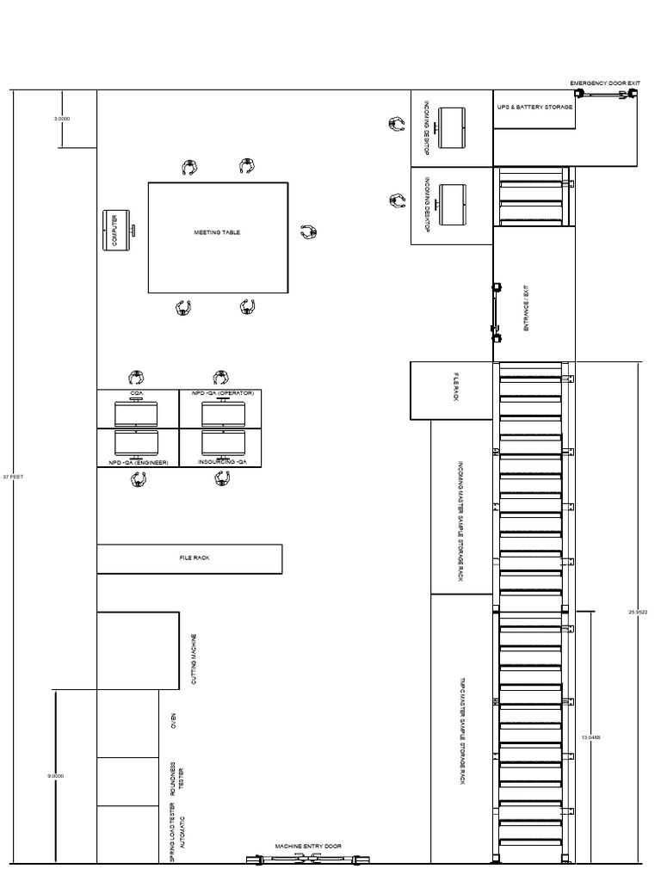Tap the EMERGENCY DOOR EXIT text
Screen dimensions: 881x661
tap(605, 83)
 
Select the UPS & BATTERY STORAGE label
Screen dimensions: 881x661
tap(534, 108)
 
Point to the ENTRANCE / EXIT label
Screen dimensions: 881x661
tap(528, 311)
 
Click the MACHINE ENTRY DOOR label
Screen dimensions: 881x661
tap(308, 847)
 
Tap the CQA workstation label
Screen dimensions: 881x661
tap(136, 392)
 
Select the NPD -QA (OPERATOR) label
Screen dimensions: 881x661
tap(223, 392)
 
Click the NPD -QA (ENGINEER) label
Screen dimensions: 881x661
tap(138, 462)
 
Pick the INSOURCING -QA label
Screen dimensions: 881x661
tap(223, 462)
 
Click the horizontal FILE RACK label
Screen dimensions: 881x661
tap(188, 558)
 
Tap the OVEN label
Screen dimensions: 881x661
tap(172, 719)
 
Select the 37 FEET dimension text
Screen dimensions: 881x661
tap(12, 476)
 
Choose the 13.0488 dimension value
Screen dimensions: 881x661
tap(591, 737)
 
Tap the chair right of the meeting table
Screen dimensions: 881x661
tap(308, 232)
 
